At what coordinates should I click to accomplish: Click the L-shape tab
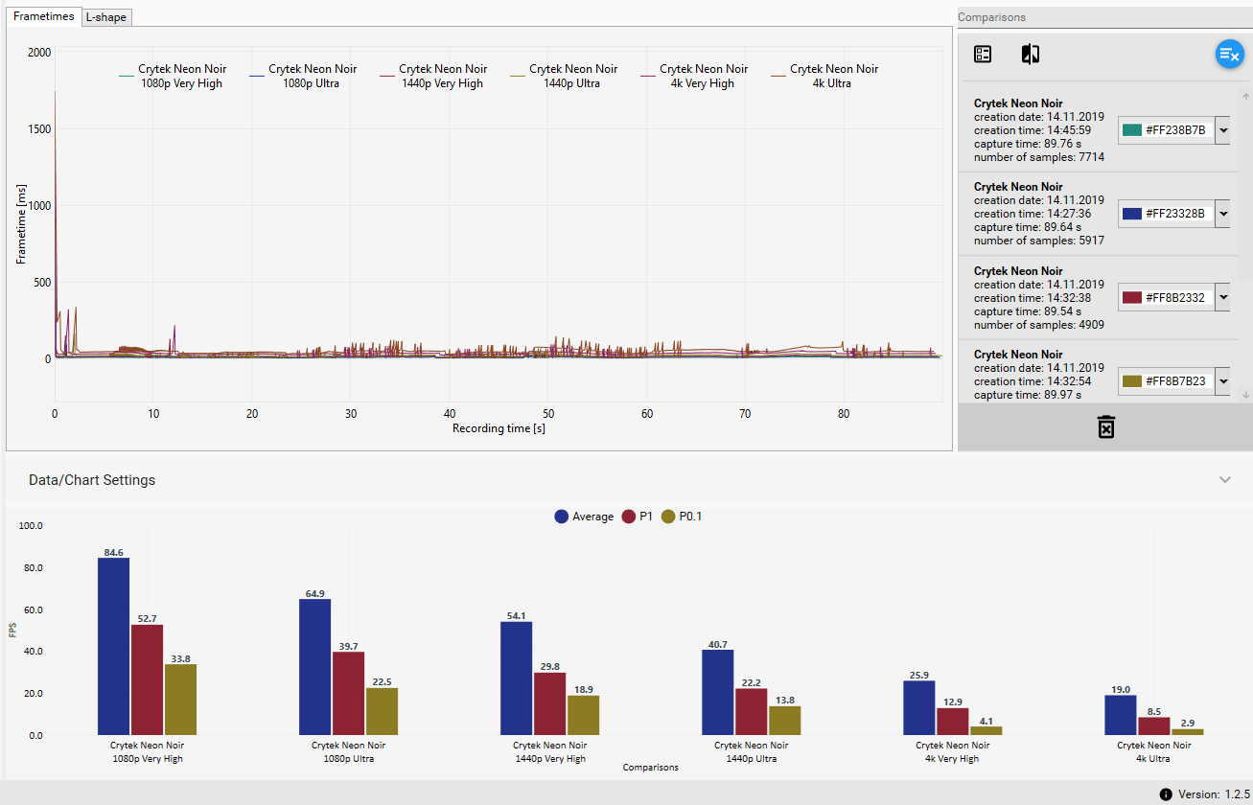[x=105, y=17]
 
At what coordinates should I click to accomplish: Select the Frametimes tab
[x=43, y=16]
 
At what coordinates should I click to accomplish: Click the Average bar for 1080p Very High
[x=113, y=646]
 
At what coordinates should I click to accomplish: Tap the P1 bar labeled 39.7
[x=348, y=693]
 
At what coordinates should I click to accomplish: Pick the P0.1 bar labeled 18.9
[x=583, y=715]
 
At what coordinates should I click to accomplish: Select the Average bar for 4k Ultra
[x=1120, y=715]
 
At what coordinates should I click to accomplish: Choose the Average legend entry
[x=584, y=517]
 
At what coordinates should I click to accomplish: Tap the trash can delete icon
[x=1105, y=426]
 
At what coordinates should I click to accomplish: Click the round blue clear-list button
[x=1229, y=55]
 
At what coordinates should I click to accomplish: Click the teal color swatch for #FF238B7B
[x=1132, y=130]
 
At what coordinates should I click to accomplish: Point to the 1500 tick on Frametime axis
[x=39, y=129]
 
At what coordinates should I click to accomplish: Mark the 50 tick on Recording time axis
[x=547, y=414]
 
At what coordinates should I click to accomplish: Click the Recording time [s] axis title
[x=499, y=428]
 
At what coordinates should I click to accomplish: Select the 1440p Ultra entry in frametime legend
[x=572, y=76]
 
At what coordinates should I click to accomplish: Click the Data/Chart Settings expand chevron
[x=1224, y=479]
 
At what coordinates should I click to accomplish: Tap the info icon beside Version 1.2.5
[x=1166, y=793]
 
